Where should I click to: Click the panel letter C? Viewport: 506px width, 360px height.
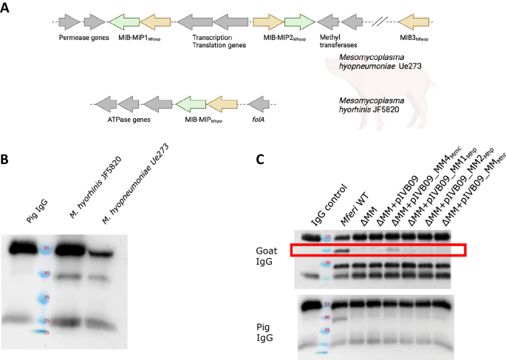click(259, 159)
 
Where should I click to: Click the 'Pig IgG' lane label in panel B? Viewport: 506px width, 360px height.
click(32, 214)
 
